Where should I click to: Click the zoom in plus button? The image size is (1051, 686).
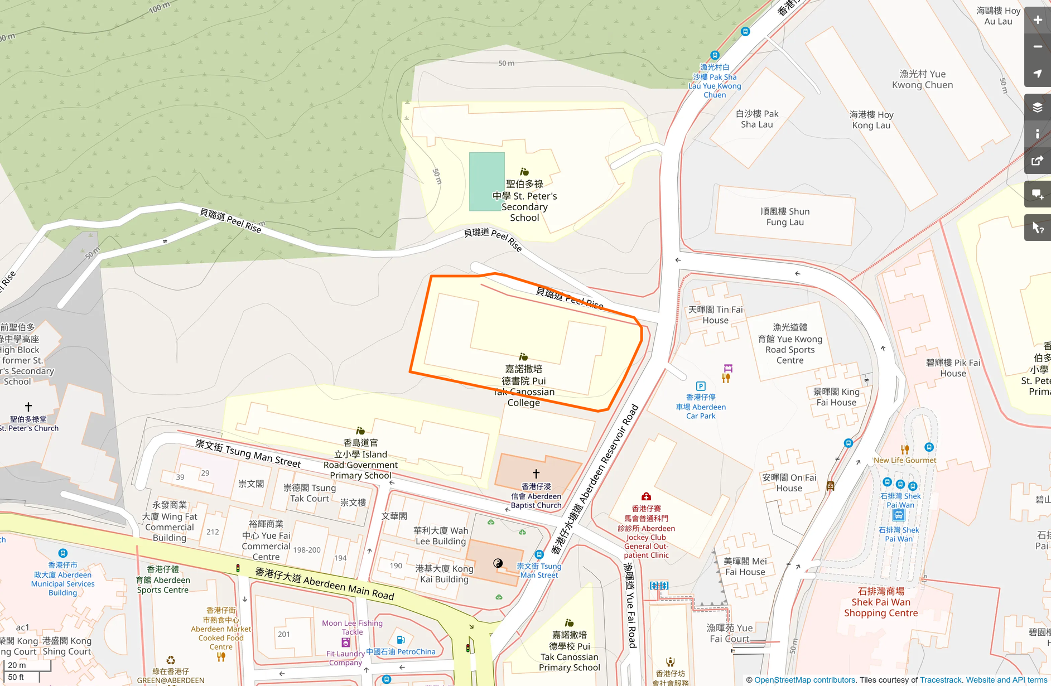[x=1037, y=20]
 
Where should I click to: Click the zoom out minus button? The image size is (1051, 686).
[x=1037, y=47]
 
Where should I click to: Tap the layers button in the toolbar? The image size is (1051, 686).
[x=1037, y=107]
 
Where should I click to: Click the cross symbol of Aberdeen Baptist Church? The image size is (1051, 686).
[x=536, y=474]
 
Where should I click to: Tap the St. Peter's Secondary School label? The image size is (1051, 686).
[x=524, y=201]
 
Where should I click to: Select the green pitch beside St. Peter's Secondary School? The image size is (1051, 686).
[x=486, y=182]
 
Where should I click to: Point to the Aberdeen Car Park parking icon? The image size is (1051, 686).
[x=701, y=386]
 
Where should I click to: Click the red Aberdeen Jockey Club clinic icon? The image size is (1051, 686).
[x=646, y=496]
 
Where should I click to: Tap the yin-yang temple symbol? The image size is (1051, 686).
[x=498, y=563]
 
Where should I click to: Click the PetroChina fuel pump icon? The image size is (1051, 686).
[x=401, y=640]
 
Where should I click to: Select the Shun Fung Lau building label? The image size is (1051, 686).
[x=785, y=216]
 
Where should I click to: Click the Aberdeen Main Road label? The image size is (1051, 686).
[x=325, y=583]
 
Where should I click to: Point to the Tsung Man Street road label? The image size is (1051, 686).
[x=248, y=453]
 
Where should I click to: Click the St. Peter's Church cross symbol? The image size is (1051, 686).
[x=28, y=407]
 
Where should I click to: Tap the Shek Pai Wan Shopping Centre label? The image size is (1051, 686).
[x=881, y=602]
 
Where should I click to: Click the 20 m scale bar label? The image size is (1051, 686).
[x=17, y=665]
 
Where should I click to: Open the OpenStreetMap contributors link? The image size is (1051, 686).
[x=804, y=680]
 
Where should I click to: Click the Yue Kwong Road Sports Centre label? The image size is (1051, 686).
[x=790, y=344]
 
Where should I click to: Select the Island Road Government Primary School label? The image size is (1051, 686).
[x=360, y=459]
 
